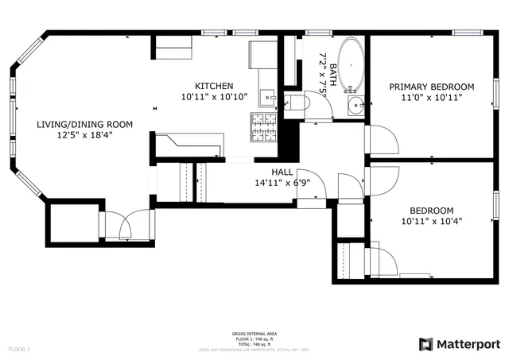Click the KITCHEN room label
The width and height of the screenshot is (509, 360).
[214, 86]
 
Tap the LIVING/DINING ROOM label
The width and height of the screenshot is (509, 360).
[84, 125]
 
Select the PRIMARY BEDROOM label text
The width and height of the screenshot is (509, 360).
[431, 87]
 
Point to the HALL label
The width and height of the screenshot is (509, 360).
[282, 172]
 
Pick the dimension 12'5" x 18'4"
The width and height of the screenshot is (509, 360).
[84, 135]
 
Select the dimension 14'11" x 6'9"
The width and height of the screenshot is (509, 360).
[282, 182]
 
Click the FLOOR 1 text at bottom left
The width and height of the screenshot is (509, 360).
[19, 349]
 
